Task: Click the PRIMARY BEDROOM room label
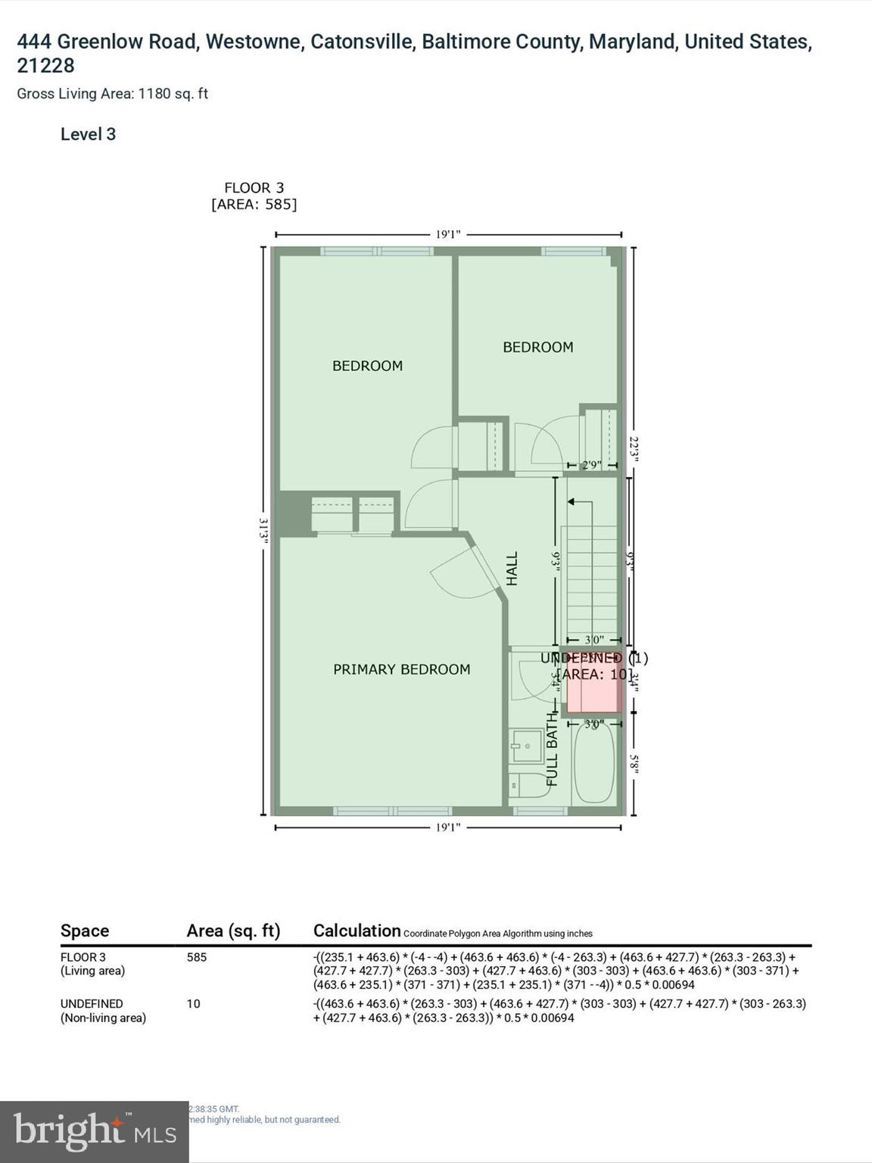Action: [401, 669]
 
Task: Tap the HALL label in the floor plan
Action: [512, 568]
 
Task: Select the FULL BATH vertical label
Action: [552, 750]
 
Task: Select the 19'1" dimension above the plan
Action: [447, 235]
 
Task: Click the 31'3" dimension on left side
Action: [263, 530]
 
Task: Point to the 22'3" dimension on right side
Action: [634, 447]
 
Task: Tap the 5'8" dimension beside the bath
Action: [634, 763]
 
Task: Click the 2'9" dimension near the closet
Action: [591, 465]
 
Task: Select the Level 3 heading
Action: [88, 135]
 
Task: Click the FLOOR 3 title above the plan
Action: [254, 188]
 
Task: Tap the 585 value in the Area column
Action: [196, 957]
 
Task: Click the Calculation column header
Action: [357, 931]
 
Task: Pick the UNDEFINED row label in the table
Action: [92, 1004]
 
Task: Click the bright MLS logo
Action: [94, 1131]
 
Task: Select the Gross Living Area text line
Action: [112, 94]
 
